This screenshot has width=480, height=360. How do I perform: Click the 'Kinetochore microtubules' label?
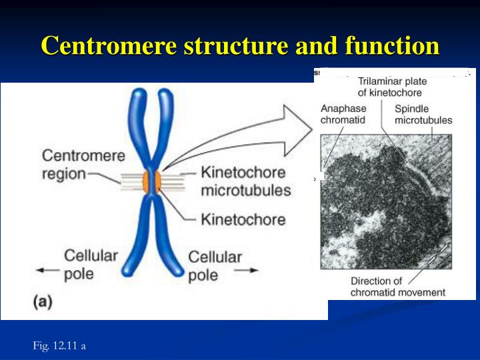[x=246, y=181]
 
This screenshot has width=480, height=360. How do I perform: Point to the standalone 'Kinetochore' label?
[x=243, y=219]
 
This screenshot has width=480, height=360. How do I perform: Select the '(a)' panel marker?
[x=43, y=301]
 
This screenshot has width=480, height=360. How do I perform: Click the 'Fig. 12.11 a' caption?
[x=59, y=345]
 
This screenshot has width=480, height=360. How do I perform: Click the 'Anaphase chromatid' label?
[x=343, y=114]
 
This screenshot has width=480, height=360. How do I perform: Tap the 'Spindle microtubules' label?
[x=423, y=114]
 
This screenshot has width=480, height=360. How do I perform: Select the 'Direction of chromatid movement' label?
[x=398, y=287]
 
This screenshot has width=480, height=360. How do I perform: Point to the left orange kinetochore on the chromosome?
[x=143, y=180]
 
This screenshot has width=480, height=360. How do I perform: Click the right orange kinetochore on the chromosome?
[x=157, y=180]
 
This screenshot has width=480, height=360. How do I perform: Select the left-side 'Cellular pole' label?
[x=91, y=263]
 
